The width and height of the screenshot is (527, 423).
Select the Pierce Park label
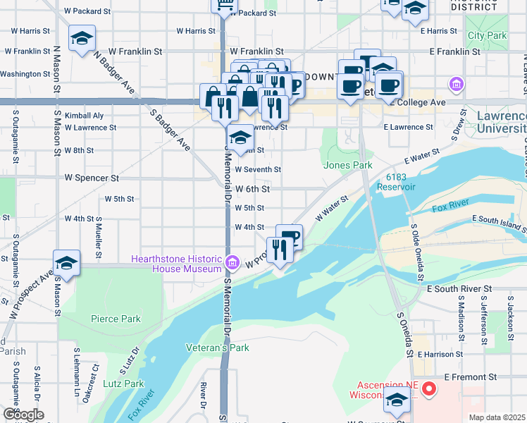click(x=116, y=319)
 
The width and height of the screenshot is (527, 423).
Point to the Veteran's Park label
click(x=218, y=348)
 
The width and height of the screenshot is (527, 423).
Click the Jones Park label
click(x=347, y=165)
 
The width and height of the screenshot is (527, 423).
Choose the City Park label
click(x=487, y=35)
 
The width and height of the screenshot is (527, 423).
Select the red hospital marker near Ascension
click(x=428, y=388)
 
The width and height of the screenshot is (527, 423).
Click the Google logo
click(x=23, y=415)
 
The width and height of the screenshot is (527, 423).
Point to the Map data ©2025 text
click(x=497, y=417)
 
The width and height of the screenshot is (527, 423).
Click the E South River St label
click(x=459, y=288)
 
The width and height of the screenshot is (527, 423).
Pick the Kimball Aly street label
click(x=84, y=115)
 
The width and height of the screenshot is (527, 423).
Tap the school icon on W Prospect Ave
click(x=66, y=263)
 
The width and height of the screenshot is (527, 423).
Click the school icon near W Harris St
click(x=82, y=37)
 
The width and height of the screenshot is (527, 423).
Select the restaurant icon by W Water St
click(x=279, y=249)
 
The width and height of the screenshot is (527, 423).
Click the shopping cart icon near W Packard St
click(x=225, y=6)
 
